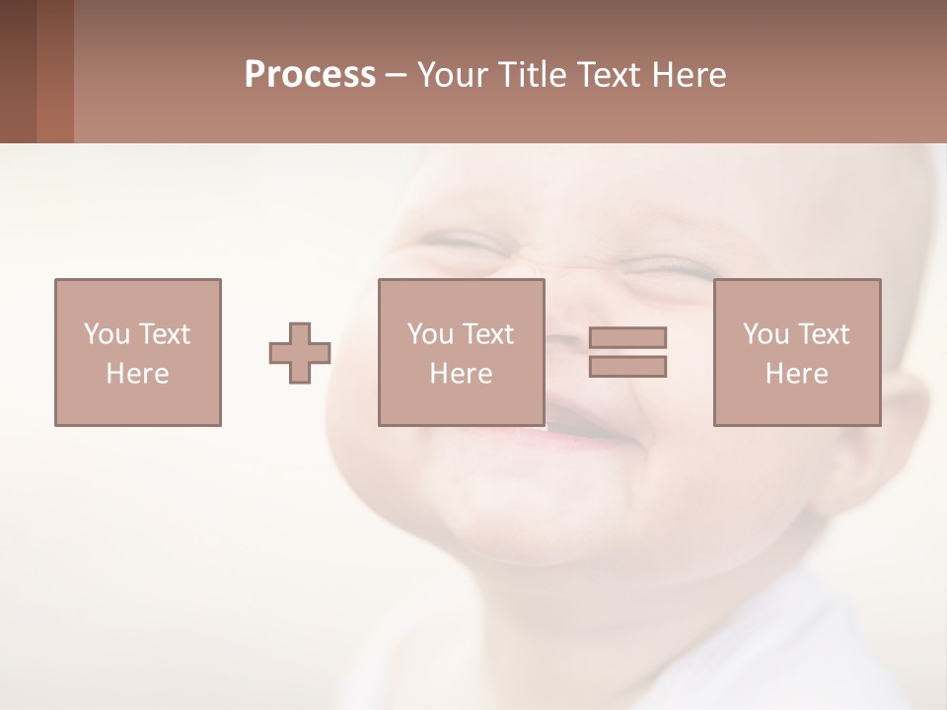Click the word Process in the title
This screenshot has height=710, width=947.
coord(310,75)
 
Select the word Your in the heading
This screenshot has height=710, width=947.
coord(454,75)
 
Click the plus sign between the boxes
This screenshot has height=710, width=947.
coord(300,353)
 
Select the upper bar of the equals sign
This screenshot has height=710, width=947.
coord(627,338)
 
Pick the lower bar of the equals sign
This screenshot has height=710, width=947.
coord(627,366)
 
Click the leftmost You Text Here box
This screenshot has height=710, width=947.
coord(137,352)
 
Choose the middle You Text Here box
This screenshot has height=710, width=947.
coord(461,352)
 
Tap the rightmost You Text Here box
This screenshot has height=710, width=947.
coord(796,352)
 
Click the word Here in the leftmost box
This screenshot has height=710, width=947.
coord(137,374)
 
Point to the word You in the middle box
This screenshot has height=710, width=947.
coord(430,334)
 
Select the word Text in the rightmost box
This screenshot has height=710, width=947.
coord(826,334)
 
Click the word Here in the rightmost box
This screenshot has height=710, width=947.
coord(796,374)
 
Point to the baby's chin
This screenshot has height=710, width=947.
coord(513,513)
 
